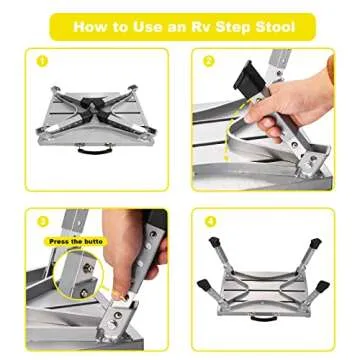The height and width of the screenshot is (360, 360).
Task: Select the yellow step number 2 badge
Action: tap(210, 61)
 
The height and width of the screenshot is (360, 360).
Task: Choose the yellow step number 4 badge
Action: tap(210, 220)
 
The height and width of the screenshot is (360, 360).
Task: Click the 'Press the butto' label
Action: tap(73, 241)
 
